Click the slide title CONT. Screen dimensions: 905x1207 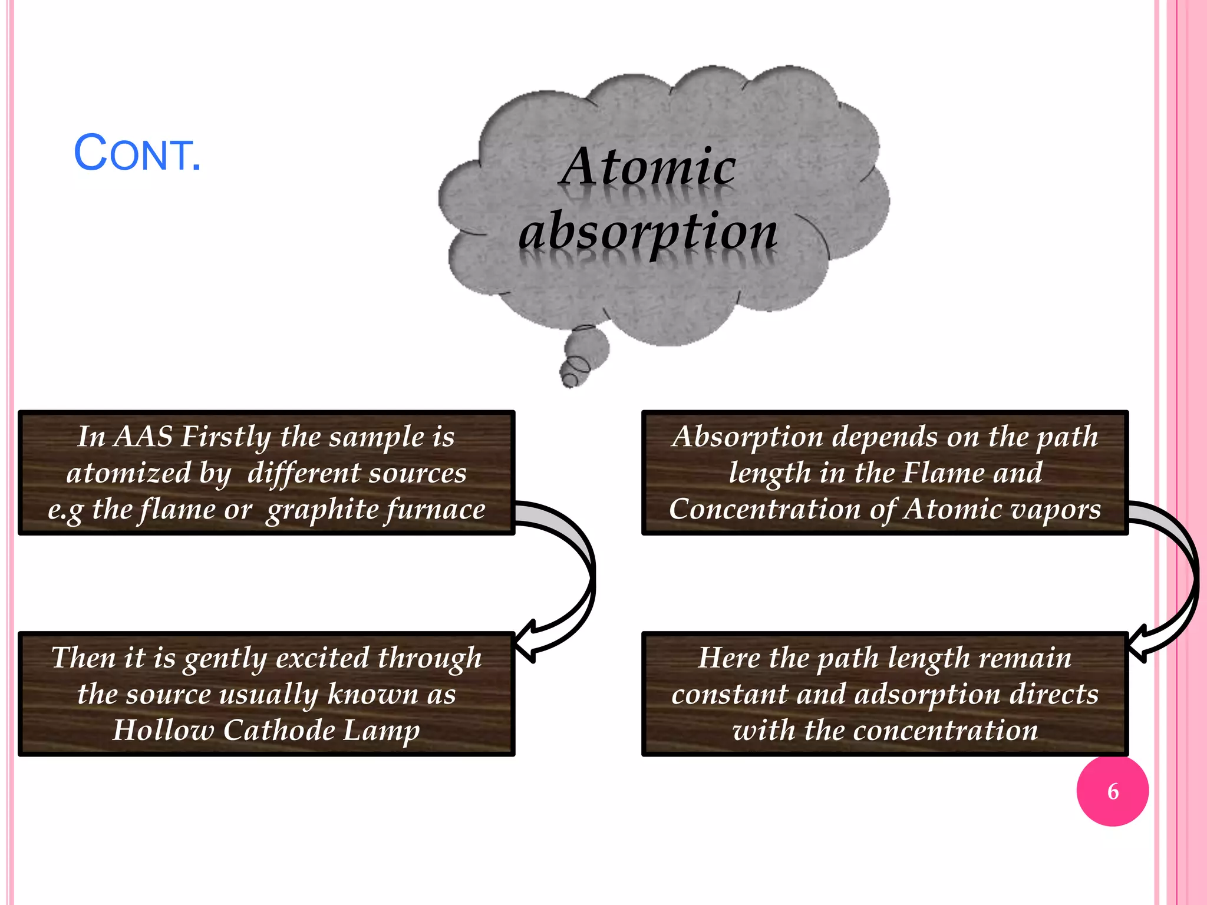coord(137,154)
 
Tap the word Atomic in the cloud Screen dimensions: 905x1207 coord(648,167)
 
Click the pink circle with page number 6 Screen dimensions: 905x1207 coord(1112,791)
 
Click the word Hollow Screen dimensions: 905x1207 coord(163,730)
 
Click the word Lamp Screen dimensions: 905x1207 coord(381,730)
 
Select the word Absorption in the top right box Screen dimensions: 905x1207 coord(747,437)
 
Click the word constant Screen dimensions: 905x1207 coord(729,694)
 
